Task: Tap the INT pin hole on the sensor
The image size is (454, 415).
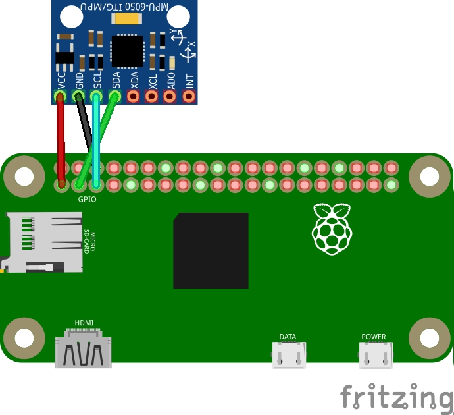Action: pos(189,97)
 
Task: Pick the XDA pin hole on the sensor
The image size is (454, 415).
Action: pos(134,97)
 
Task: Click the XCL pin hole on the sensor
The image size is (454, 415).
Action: pos(152,97)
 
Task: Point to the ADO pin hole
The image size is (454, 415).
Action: pos(170,97)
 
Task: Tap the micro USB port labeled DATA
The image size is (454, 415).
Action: pos(288,356)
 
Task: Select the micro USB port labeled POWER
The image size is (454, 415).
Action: pos(374,356)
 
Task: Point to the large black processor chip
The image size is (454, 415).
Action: pos(211,250)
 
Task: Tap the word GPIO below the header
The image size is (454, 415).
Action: pos(87,198)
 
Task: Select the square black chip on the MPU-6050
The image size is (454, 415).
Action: pos(126,51)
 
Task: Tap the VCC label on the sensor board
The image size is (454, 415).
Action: pos(61,80)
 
